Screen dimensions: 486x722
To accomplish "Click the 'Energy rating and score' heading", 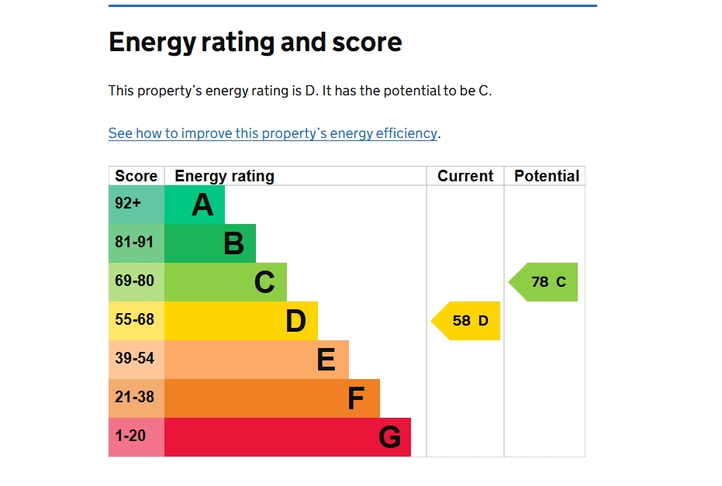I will (255, 42).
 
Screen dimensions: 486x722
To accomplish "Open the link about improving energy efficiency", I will (272, 133).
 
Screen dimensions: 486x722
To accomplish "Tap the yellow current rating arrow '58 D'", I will (467, 321).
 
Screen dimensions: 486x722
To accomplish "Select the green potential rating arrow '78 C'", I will (545, 282).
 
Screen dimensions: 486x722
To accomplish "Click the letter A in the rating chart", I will (202, 205).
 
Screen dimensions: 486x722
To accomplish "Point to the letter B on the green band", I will (233, 244).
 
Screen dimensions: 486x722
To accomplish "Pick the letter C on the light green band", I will (264, 283).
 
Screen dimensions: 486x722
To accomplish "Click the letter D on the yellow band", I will (295, 321).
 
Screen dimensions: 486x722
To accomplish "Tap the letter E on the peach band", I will (326, 360).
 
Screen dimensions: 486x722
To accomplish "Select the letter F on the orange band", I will (355, 398).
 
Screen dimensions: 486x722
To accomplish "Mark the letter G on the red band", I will (389, 438).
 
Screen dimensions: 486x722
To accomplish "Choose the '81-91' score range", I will (135, 243).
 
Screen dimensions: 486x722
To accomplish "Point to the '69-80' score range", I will (135, 281).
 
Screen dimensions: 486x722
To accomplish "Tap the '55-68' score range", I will (135, 319).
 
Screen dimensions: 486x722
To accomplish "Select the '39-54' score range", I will (135, 358).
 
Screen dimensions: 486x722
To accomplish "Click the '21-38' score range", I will (135, 397).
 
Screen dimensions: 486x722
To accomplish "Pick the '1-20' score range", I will (130, 436).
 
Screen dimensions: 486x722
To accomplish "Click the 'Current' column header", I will (465, 176).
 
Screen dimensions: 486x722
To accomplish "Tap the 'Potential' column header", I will (547, 176).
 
